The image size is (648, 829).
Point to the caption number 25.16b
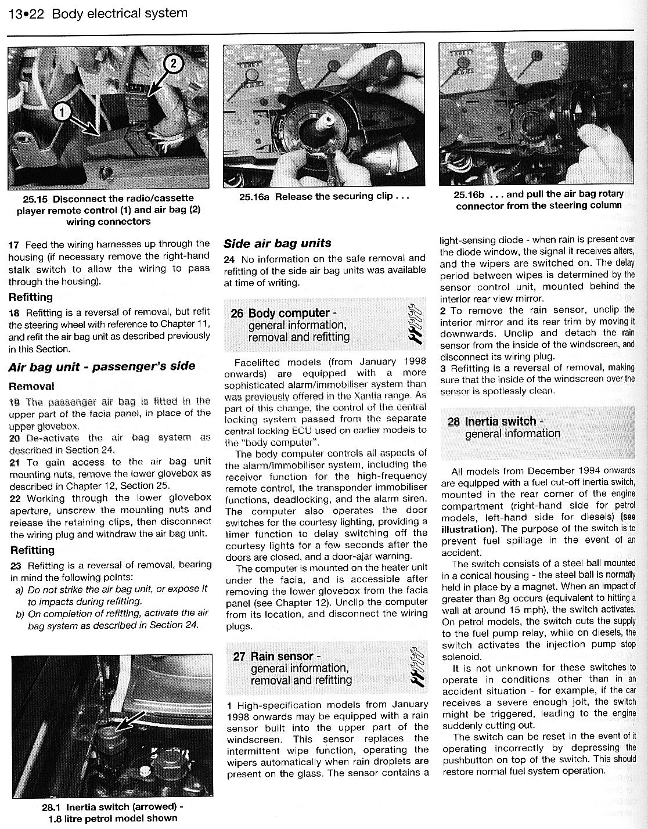click(467, 194)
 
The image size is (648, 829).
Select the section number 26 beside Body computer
click(237, 313)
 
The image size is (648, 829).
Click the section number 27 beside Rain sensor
click(239, 657)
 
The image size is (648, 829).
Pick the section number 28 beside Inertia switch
click(454, 421)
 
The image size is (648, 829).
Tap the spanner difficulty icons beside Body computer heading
click(415, 324)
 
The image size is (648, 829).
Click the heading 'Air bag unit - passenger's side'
click(102, 366)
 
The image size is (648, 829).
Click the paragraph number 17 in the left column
click(14, 244)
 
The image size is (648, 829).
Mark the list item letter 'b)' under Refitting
click(21, 614)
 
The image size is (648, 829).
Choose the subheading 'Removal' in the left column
click(31, 387)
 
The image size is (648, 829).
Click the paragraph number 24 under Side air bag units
click(229, 259)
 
